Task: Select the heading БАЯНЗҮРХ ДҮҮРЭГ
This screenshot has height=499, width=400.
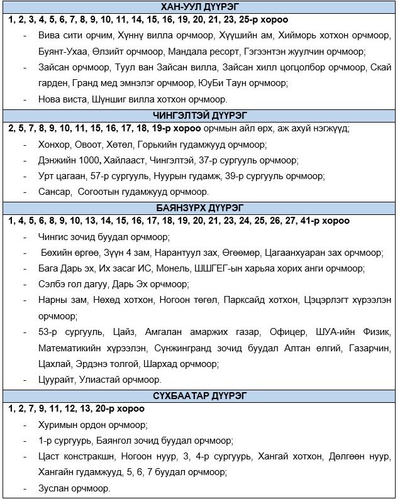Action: tap(199, 209)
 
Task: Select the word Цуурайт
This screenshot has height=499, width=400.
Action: tap(57, 379)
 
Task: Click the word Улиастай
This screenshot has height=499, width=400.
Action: tap(104, 379)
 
